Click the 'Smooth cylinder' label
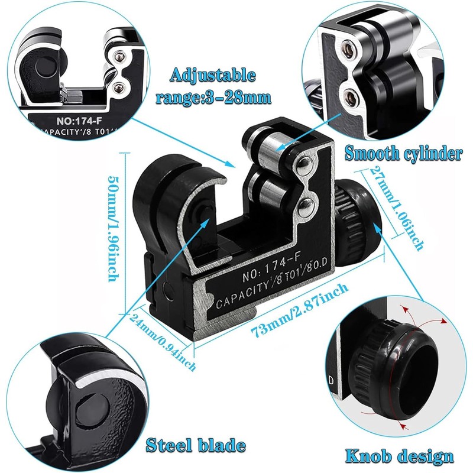(x=403, y=154)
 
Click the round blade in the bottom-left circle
(x=88, y=414)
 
